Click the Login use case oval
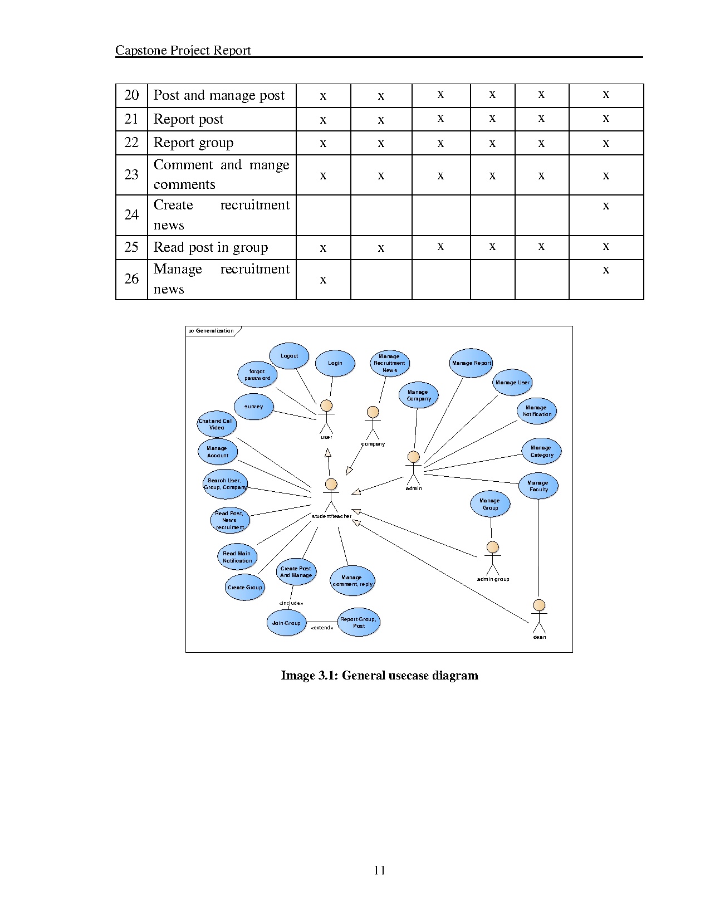coord(335,363)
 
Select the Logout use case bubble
coord(289,356)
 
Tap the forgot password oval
coord(257,375)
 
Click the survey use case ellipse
coord(254,407)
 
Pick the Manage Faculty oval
coord(538,486)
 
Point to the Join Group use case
coord(286,623)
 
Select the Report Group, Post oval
coord(359,622)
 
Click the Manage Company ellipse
coord(418,395)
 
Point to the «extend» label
coord(322,628)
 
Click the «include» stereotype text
coord(291,603)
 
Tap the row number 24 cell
coord(131,215)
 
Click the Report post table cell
coord(188,119)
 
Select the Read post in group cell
coord(210,247)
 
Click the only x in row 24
coord(606,206)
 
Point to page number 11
coord(380,871)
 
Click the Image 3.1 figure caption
coord(379,676)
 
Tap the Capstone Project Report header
coord(183,50)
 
